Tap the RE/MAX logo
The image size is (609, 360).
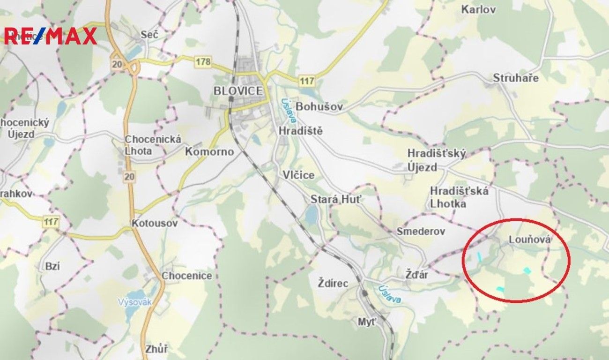51,36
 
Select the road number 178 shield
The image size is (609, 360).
204,61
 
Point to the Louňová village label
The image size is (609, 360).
529,240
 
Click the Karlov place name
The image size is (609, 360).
478,9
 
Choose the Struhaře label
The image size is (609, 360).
516,78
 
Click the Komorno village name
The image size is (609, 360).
209,151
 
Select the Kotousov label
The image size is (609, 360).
155,223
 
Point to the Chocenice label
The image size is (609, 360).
187,276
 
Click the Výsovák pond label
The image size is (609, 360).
135,302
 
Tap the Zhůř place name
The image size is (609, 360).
156,349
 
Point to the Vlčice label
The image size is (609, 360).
298,175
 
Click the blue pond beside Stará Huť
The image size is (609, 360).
311,215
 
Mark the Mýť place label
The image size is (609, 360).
367,322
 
